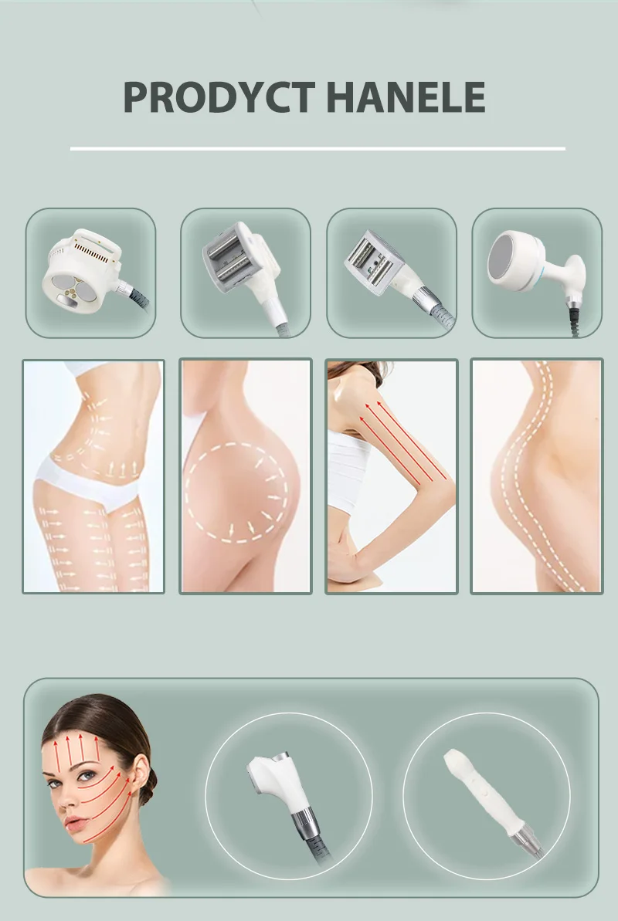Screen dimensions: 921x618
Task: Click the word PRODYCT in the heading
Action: click(x=219, y=97)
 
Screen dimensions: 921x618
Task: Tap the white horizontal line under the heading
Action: click(x=317, y=148)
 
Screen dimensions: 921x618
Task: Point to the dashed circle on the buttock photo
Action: click(x=239, y=491)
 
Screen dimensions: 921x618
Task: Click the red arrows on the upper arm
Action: click(x=402, y=440)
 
